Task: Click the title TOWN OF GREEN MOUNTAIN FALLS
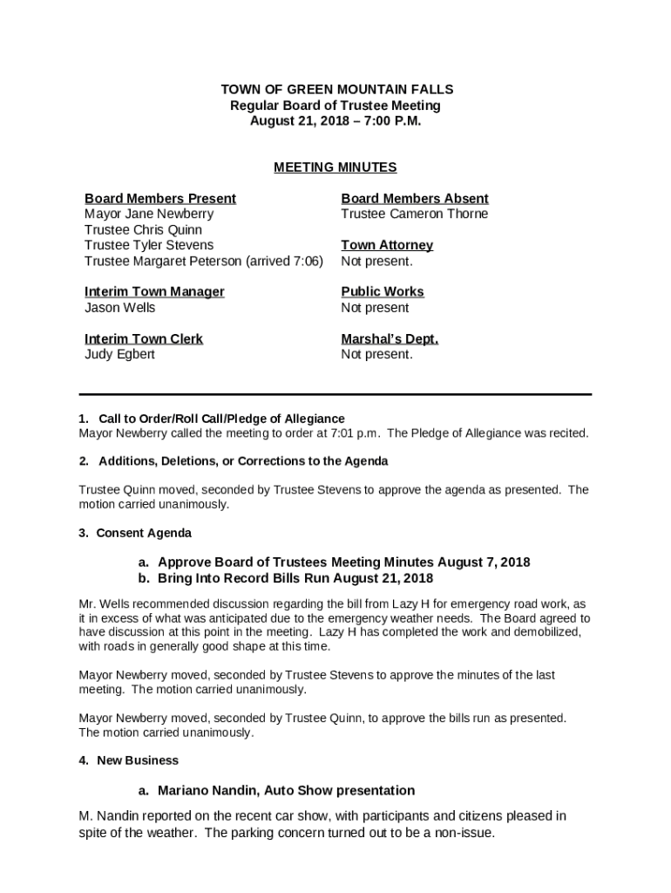tap(336, 90)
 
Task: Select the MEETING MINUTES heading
tap(335, 167)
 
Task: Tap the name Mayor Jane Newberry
tap(149, 214)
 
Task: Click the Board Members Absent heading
tap(415, 199)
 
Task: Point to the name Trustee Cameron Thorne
tap(415, 214)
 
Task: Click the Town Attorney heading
tap(387, 245)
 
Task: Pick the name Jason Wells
tap(120, 308)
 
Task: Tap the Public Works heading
tap(383, 292)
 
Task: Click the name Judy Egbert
tap(119, 354)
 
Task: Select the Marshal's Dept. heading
tap(390, 338)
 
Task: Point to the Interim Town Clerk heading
tap(144, 338)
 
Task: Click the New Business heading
tap(138, 760)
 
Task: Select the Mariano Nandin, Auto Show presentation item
tap(286, 791)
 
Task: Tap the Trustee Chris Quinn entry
tap(143, 229)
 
